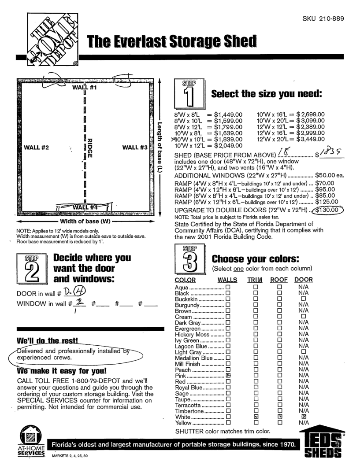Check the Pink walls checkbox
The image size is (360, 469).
click(228, 376)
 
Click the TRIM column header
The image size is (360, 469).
click(254, 280)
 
